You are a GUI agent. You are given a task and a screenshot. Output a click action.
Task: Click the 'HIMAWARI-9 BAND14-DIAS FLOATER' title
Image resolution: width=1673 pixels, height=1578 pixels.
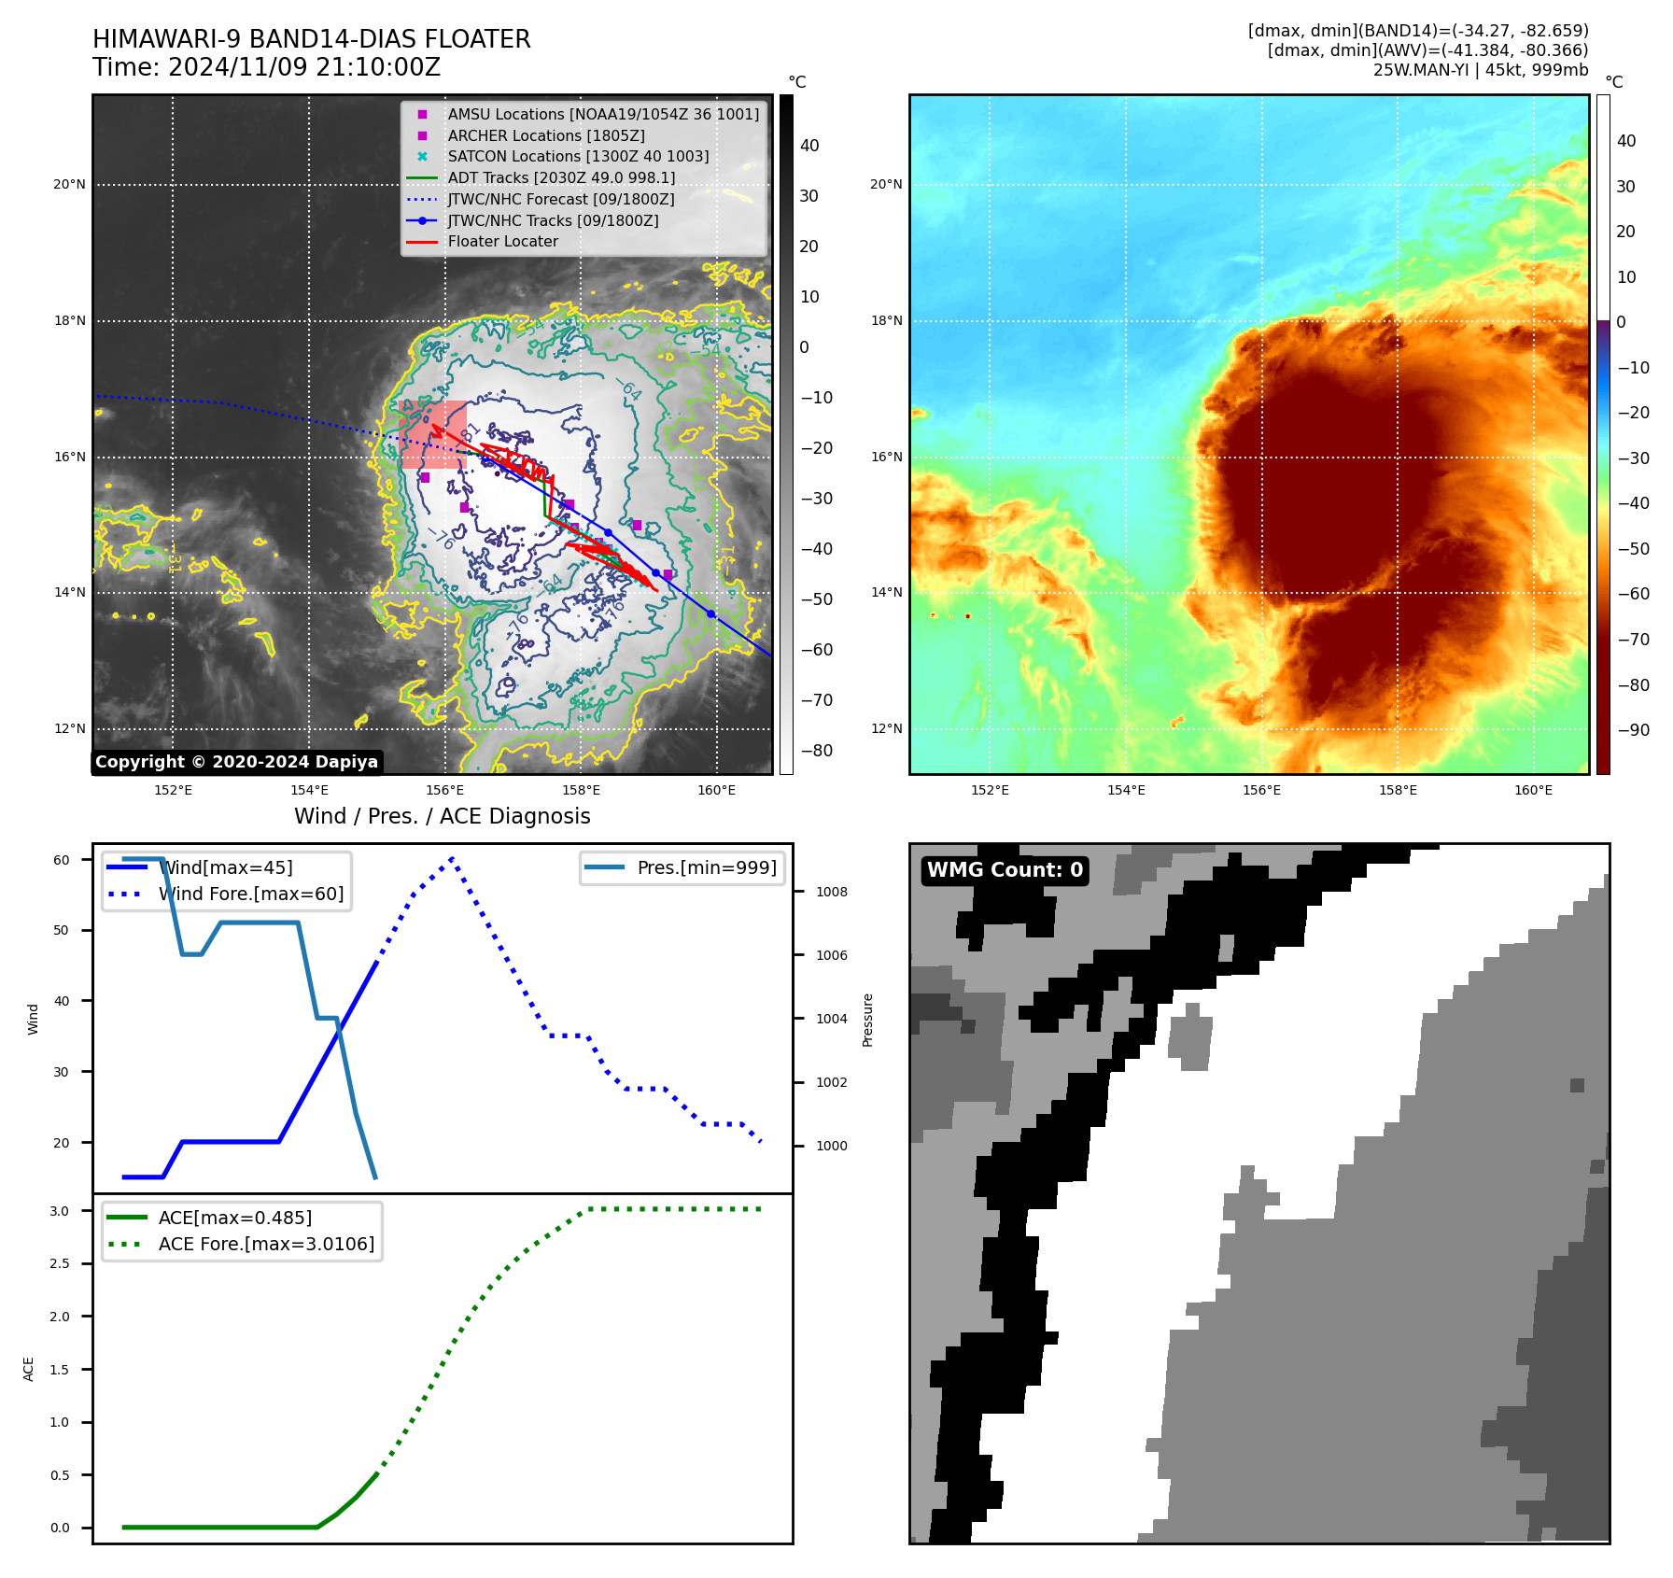[311, 39]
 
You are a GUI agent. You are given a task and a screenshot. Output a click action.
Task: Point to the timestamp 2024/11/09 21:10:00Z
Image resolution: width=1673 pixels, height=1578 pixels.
[303, 67]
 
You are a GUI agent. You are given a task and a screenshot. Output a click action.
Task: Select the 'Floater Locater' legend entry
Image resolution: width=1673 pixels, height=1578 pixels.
[502, 242]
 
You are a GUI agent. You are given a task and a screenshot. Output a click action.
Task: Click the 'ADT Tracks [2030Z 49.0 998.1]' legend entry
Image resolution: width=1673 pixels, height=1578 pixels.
[560, 177]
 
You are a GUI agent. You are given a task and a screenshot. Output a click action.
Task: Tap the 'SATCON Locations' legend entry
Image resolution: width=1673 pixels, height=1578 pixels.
[577, 157]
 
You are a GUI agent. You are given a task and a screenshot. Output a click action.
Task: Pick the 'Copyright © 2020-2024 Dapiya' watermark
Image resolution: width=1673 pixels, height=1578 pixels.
[236, 762]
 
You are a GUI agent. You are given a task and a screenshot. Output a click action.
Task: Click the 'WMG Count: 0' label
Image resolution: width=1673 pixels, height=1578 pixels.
[1005, 870]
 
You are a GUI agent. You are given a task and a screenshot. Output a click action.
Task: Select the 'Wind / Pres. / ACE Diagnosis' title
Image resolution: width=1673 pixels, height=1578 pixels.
[442, 816]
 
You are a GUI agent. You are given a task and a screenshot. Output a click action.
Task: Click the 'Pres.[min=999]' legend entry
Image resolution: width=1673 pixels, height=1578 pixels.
[706, 867]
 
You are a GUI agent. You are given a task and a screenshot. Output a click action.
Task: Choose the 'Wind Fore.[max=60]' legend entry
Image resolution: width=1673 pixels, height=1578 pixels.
[250, 894]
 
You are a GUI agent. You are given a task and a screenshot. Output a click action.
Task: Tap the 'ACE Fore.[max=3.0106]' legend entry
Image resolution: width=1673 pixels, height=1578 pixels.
[266, 1244]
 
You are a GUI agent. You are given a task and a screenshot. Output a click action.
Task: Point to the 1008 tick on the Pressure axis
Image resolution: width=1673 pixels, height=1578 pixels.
[831, 892]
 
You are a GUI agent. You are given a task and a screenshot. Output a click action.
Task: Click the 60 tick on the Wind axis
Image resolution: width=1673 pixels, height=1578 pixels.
[61, 860]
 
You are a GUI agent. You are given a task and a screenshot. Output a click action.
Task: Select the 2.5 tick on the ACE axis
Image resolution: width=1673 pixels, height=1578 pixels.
[59, 1263]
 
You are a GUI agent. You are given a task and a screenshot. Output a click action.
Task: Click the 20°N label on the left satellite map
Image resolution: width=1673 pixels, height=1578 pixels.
[69, 185]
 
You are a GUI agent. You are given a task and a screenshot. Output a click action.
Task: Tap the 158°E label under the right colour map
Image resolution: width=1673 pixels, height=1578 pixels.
[1398, 790]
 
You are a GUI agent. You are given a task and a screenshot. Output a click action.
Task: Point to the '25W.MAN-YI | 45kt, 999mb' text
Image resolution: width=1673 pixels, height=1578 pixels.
[1480, 70]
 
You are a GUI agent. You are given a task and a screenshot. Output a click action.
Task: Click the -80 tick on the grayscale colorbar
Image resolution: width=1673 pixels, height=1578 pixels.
[816, 751]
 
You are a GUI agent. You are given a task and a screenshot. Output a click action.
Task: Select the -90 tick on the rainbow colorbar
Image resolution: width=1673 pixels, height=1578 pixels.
[1633, 730]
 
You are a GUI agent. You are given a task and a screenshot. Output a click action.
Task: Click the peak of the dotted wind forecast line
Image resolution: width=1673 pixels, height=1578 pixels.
[452, 858]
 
